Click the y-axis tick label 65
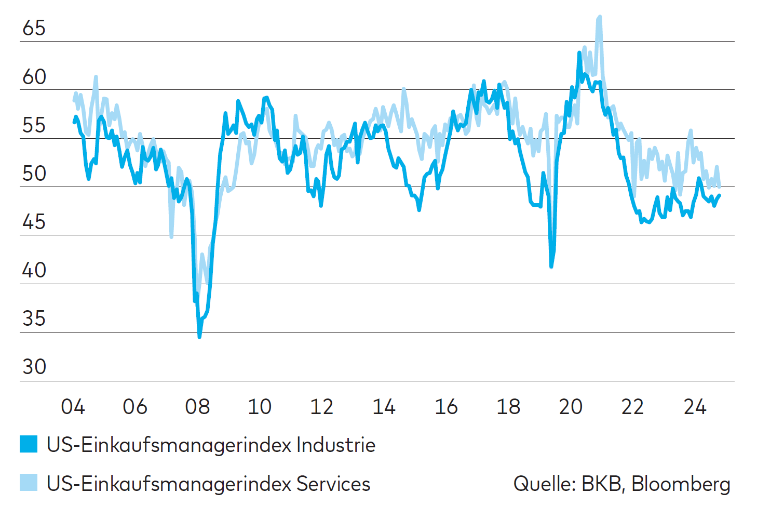(34, 28)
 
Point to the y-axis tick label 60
(34, 77)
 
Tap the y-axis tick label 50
(34, 174)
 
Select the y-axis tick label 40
(34, 270)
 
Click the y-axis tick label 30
(34, 367)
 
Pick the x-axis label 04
(73, 407)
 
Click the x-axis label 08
(197, 407)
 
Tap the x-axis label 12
(321, 407)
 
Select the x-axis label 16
(446, 407)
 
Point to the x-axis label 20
(571, 407)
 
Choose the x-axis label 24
(695, 407)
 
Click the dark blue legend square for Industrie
(29, 444)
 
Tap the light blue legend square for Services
(29, 483)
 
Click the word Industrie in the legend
(335, 445)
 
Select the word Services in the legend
(333, 484)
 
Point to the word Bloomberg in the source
(681, 484)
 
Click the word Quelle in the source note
(544, 484)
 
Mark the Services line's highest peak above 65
(600, 17)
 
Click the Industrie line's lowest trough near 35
(199, 336)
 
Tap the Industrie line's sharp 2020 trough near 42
(551, 267)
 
